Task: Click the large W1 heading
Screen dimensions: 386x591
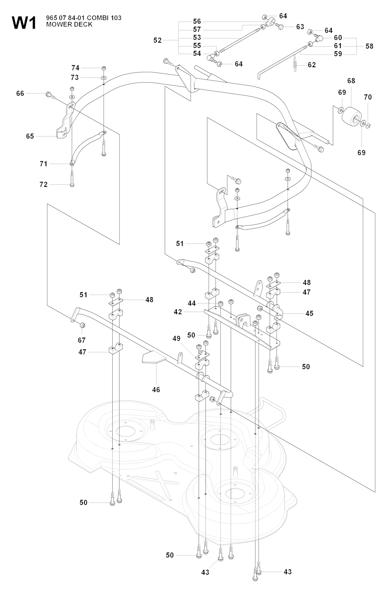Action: pyautogui.click(x=24, y=23)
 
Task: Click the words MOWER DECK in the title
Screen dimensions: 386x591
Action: pyautogui.click(x=69, y=24)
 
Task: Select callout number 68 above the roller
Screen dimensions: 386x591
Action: pyautogui.click(x=351, y=81)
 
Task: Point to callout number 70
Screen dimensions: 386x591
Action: pyautogui.click(x=368, y=97)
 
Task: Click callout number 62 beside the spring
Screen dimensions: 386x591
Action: pyautogui.click(x=312, y=65)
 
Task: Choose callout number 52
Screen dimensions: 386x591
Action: pyautogui.click(x=158, y=40)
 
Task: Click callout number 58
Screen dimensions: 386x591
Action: pyautogui.click(x=369, y=46)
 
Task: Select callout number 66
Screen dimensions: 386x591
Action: pyautogui.click(x=20, y=93)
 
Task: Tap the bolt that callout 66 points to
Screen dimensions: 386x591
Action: pyautogui.click(x=51, y=95)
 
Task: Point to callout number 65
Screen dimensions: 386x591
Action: pyautogui.click(x=30, y=136)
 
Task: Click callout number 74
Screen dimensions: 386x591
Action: pyautogui.click(x=75, y=68)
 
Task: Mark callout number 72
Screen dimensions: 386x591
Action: pyautogui.click(x=43, y=184)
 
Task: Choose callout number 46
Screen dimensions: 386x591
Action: pyautogui.click(x=156, y=389)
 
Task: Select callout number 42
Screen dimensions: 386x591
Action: pyautogui.click(x=178, y=312)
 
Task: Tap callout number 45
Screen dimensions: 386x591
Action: pyautogui.click(x=309, y=314)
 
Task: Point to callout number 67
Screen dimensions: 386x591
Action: pyautogui.click(x=81, y=340)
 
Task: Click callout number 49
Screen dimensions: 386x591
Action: pyautogui.click(x=176, y=338)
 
